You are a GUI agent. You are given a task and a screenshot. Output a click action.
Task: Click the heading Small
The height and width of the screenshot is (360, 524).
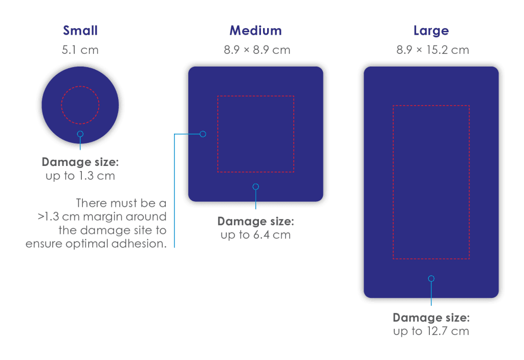click(80, 30)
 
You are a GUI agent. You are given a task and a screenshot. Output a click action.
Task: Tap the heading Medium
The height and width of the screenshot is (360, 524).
click(256, 30)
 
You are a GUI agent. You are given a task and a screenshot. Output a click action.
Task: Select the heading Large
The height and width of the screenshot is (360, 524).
click(431, 31)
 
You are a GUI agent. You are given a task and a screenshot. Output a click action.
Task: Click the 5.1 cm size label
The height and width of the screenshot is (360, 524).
click(80, 50)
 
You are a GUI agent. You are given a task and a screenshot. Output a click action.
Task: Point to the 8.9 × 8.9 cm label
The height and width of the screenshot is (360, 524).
click(257, 50)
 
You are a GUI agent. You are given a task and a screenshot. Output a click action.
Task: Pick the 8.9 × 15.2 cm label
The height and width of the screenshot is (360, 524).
click(433, 50)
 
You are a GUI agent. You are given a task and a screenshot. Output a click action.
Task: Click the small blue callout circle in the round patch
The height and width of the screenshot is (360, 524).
click(80, 134)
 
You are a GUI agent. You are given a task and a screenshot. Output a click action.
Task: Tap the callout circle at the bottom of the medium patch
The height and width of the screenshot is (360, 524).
click(256, 187)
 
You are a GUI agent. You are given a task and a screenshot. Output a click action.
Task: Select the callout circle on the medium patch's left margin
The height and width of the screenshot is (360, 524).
click(203, 134)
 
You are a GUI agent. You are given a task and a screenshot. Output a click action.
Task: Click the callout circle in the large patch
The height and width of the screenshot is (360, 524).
click(431, 279)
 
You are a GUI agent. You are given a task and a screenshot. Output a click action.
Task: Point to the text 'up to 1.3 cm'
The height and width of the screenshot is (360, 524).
click(80, 176)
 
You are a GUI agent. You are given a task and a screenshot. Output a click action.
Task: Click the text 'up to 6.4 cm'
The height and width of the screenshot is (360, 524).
click(256, 235)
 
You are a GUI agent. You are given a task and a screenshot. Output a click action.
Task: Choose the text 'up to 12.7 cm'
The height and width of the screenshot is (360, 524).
click(431, 331)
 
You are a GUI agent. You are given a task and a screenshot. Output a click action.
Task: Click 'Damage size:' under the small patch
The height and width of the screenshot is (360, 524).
click(80, 162)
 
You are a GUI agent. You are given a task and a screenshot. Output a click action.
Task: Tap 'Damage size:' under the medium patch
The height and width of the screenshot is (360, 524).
click(256, 221)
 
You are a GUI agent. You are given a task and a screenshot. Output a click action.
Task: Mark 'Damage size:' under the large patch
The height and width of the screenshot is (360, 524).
click(431, 317)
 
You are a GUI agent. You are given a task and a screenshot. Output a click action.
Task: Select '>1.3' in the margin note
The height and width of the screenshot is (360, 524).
click(49, 217)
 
